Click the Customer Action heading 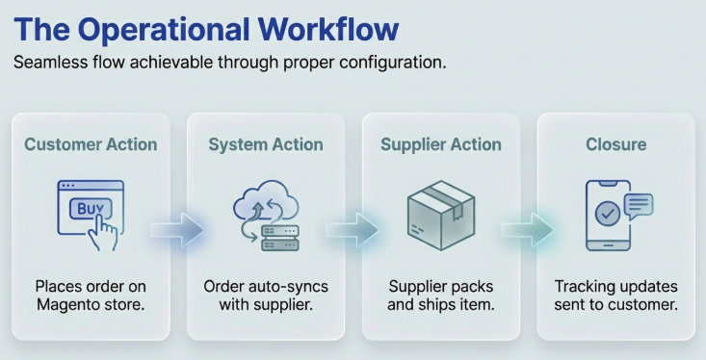(91, 145)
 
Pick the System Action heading (266, 145)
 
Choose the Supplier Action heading (441, 145)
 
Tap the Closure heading (616, 145)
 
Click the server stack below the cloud (280, 238)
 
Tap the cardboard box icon (441, 215)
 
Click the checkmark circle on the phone (607, 215)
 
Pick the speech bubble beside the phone (639, 204)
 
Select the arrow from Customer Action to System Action (178, 229)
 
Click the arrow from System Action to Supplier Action (353, 229)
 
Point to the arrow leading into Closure (529, 229)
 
